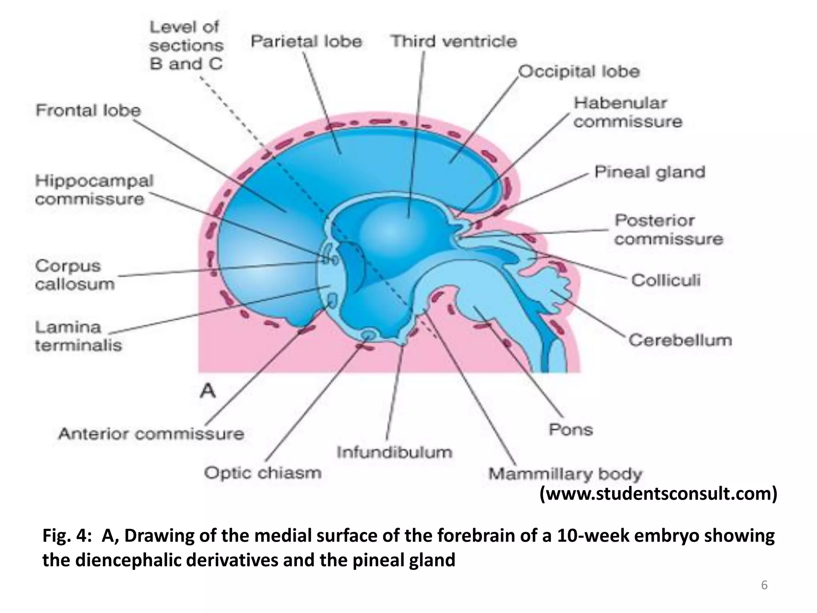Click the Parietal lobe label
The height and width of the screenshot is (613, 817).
pos(306,42)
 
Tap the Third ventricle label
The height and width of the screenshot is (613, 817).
pos(454,41)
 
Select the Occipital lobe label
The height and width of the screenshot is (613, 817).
pos(579,72)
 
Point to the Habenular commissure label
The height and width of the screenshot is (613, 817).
pos(628,112)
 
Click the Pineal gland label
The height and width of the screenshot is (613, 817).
pos(650,172)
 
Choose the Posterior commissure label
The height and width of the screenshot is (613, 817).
pos(668,230)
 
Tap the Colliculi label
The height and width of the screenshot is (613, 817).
pos(666,280)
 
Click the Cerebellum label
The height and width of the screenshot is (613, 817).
pos(680,340)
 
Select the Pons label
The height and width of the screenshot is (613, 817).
pos(571,430)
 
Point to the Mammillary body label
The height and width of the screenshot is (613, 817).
pos(565,474)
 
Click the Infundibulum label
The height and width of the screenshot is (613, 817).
pos(394,453)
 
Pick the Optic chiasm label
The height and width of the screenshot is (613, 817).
pos(262,473)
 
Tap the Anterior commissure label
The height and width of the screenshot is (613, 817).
pos(151,434)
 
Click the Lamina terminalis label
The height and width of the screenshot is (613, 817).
pos(78,336)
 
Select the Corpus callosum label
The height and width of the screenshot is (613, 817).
pos(74,275)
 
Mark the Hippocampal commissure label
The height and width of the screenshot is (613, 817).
pos(94,190)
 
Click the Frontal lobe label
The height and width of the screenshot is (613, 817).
pos(88,110)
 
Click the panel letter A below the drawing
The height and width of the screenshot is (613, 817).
pos(207,391)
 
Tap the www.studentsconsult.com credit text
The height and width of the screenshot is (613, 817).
pos(658,494)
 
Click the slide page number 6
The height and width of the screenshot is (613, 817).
pos(764,585)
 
